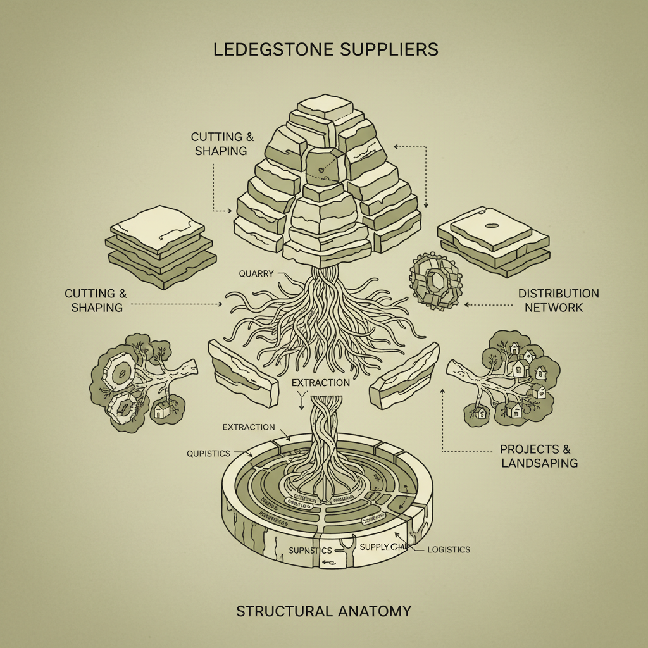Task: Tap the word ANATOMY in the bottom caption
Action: pyautogui.click(x=371, y=611)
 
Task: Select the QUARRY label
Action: pyautogui.click(x=256, y=274)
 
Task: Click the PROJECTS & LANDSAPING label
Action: pyautogui.click(x=539, y=456)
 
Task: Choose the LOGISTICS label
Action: pyautogui.click(x=449, y=549)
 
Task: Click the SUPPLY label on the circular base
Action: pyautogui.click(x=375, y=546)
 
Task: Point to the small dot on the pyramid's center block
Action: pyautogui.click(x=321, y=169)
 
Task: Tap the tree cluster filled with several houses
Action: pyautogui.click(x=516, y=377)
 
